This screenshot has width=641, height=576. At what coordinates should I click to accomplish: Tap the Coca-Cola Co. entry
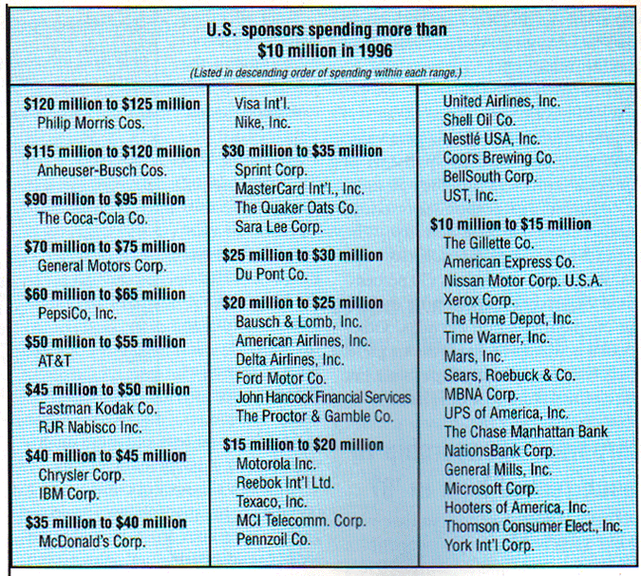point(93,219)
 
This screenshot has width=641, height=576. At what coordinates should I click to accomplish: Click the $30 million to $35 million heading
point(302,150)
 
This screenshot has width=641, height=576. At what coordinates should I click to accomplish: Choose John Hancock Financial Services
point(323,397)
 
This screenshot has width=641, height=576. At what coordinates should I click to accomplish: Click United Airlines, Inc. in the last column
point(502,102)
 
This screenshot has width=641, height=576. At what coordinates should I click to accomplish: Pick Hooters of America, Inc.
point(517,507)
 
